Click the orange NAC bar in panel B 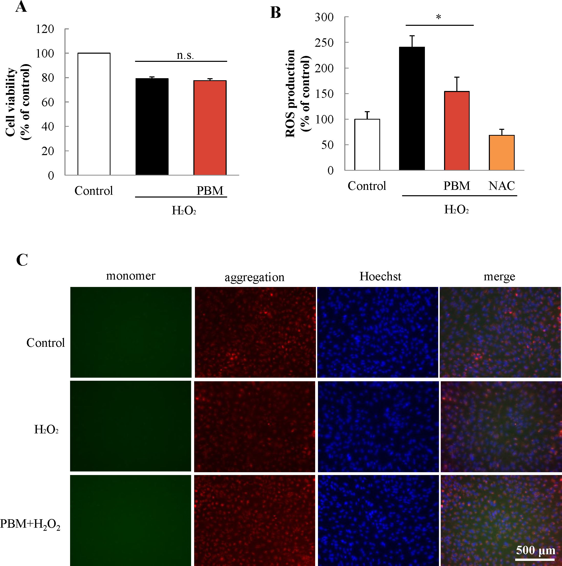(502, 153)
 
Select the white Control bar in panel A (94, 114)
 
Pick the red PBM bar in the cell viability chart (210, 128)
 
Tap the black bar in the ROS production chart (412, 109)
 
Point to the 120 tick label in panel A (45, 29)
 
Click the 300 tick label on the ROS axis (324, 17)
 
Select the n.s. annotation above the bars (185, 55)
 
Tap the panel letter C (22, 260)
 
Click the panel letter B (276, 13)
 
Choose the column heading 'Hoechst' (380, 276)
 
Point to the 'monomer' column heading (130, 276)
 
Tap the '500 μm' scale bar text (536, 550)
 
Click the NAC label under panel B (502, 186)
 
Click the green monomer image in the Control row (131, 332)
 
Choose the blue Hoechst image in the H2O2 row (378, 426)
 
